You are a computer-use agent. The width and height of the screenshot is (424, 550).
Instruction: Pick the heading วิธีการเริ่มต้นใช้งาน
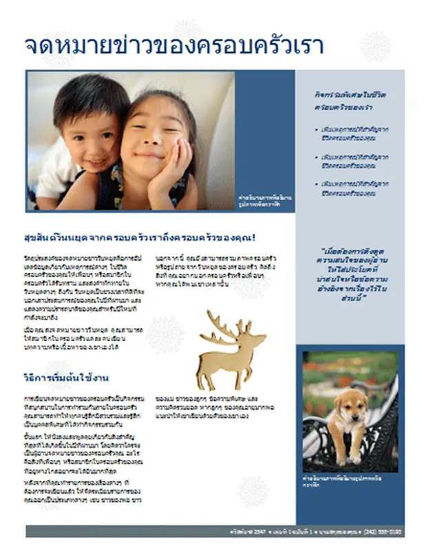point(67,379)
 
